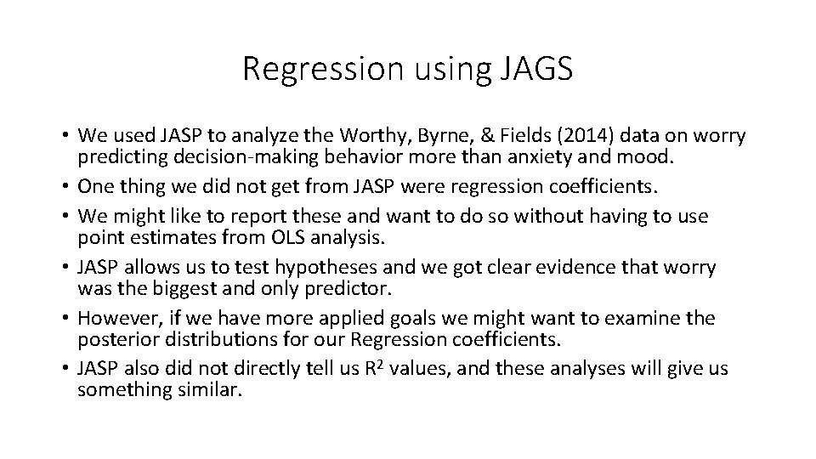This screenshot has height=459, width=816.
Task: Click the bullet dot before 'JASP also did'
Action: (x=65, y=368)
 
